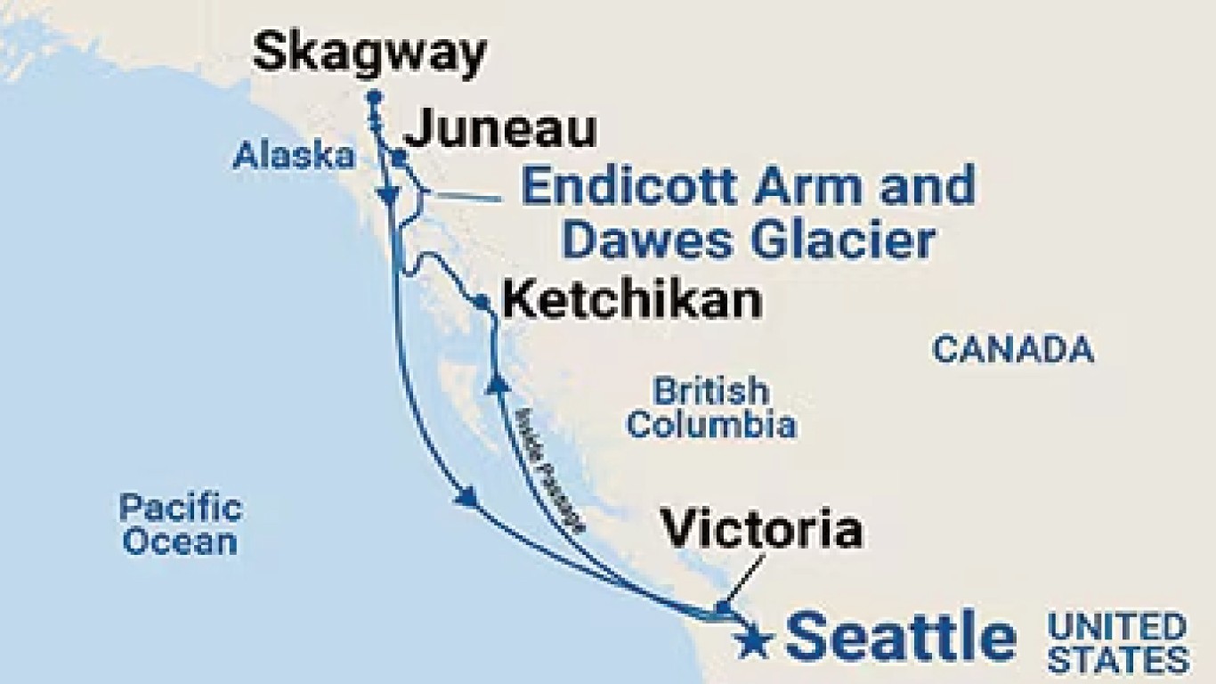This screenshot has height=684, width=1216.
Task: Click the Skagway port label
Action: (369, 53)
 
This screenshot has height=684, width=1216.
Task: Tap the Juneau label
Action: (499, 130)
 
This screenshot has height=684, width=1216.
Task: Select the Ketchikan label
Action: (632, 301)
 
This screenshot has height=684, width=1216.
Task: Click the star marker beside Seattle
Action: (755, 642)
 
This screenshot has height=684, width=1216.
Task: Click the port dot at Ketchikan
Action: (482, 303)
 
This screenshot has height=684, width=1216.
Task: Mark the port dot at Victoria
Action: (723, 608)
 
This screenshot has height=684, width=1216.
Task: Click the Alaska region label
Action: (293, 157)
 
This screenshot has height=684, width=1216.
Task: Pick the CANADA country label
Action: (1012, 349)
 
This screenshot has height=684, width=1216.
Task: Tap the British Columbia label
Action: (710, 407)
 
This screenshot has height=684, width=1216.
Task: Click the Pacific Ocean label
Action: (181, 525)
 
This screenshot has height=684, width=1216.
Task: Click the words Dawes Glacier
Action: (750, 240)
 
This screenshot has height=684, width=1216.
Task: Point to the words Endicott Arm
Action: (678, 187)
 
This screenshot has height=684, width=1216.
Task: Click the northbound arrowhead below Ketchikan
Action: (497, 383)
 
